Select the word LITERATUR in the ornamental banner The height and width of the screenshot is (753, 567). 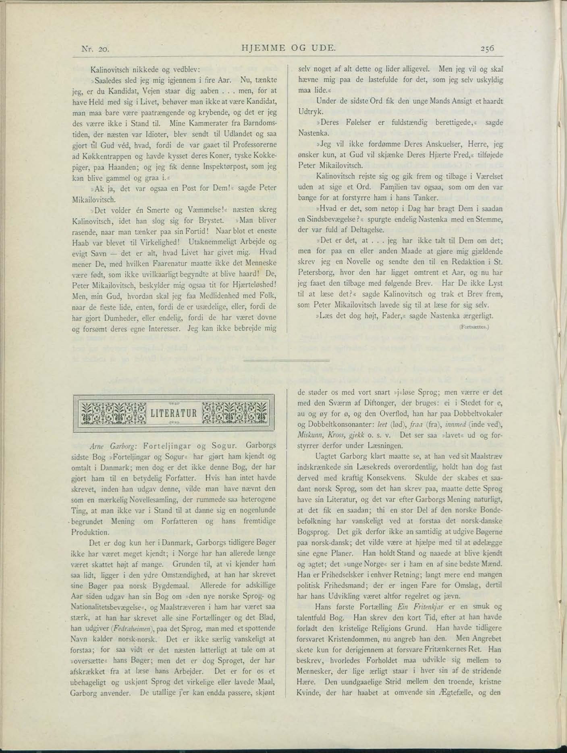point(174,413)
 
